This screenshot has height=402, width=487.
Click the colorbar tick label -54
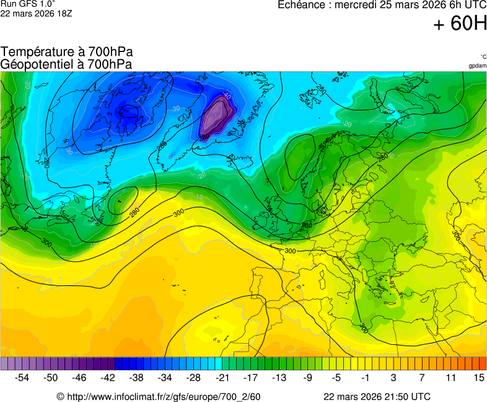(22, 377)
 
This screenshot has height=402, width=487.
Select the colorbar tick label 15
(478, 377)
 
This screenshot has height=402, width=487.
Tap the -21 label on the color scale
(222, 377)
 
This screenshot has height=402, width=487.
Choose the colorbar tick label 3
(393, 377)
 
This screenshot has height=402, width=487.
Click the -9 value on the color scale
(308, 377)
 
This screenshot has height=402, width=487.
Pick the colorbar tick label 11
(450, 377)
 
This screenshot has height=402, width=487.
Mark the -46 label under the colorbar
(79, 377)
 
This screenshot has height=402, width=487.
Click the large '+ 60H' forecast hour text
(460, 24)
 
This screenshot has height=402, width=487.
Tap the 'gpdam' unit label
(477, 65)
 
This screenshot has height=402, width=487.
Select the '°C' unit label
(483, 56)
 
